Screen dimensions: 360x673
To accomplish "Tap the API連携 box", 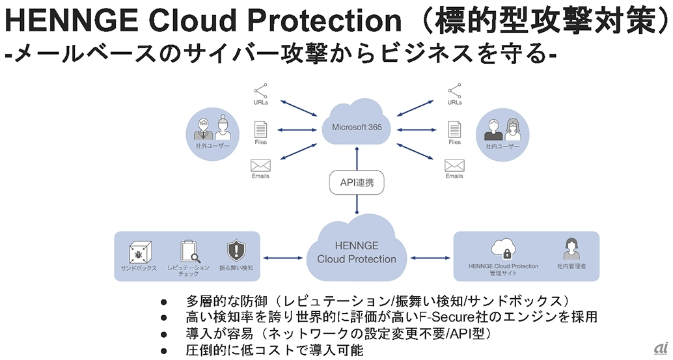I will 357,182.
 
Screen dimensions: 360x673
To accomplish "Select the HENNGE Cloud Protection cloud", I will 356,252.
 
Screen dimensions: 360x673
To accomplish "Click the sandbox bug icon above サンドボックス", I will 138,251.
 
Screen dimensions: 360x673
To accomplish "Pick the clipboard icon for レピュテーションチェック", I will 188,251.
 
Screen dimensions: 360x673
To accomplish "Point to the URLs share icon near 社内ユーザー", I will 454,90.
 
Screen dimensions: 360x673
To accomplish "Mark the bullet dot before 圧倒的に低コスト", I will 164,350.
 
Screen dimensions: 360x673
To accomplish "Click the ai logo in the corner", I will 661,347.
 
